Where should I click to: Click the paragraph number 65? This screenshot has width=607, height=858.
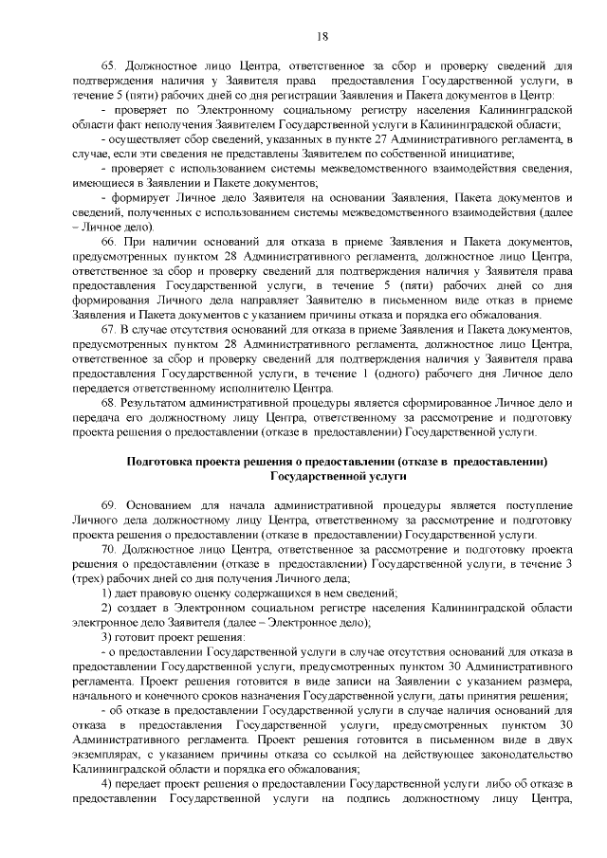108,65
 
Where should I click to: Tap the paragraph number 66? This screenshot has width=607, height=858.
108,244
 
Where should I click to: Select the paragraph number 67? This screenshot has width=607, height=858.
108,329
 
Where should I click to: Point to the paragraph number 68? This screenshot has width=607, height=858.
108,401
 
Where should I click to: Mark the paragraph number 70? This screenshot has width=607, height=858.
108,549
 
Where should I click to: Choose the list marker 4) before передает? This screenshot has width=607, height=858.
106,784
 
